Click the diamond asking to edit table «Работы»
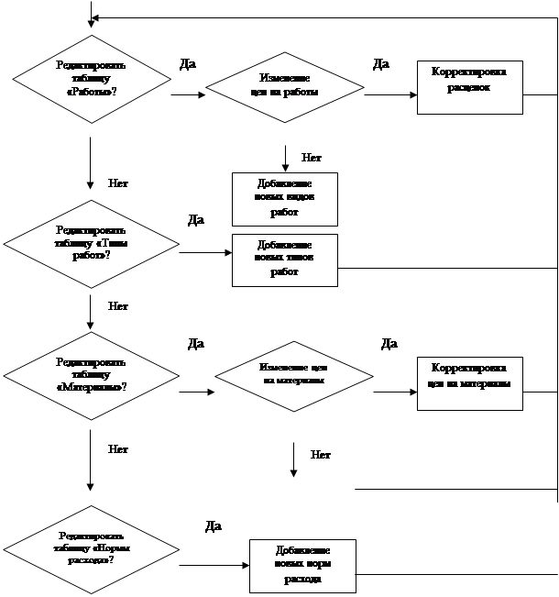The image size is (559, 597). (91, 83)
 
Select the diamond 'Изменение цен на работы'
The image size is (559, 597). (285, 88)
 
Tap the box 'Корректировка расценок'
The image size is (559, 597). (469, 87)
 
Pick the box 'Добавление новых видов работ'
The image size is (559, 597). (284, 198)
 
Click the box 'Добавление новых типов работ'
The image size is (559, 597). (284, 260)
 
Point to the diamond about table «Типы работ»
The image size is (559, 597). (91, 243)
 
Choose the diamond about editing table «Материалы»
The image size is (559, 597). (91, 375)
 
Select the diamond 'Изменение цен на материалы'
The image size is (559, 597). (293, 376)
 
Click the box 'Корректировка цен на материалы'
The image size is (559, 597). (469, 382)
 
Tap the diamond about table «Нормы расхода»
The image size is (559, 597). (90, 547)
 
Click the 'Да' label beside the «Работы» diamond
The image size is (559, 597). (187, 64)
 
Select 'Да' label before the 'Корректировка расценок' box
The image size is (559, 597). (381, 64)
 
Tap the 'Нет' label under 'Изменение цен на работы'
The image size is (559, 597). (312, 157)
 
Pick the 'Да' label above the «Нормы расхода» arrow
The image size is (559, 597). (213, 526)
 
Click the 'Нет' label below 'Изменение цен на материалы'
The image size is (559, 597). (321, 454)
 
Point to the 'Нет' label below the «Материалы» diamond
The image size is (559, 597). (118, 449)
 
